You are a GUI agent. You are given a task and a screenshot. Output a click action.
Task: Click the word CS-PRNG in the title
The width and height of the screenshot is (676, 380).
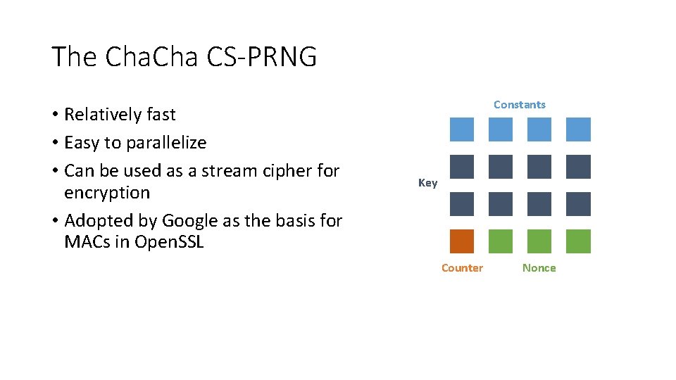click(262, 57)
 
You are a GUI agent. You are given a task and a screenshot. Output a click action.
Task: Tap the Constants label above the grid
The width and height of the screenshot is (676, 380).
click(519, 105)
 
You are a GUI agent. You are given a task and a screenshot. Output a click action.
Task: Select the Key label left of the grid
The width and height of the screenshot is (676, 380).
click(427, 183)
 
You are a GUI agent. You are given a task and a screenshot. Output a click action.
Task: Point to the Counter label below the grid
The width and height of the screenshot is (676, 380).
click(462, 268)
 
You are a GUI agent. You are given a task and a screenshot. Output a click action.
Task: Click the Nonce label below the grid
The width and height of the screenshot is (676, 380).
click(539, 268)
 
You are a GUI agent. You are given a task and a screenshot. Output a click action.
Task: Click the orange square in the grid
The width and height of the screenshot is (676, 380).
click(462, 241)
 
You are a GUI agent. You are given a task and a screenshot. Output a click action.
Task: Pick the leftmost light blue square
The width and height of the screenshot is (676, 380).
click(462, 129)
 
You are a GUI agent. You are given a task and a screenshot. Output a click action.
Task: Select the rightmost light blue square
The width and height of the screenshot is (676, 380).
click(578, 129)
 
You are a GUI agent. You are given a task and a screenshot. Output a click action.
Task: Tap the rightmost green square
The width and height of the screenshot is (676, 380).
click(578, 241)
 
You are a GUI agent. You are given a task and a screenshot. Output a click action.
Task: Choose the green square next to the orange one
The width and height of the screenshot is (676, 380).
click(501, 241)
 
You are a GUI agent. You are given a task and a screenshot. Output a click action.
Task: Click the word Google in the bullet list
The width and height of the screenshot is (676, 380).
click(190, 221)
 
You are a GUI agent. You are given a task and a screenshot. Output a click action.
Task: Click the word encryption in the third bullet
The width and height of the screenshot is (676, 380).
click(107, 193)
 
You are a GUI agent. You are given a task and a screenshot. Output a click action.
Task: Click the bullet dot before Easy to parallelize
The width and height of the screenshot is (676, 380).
click(55, 144)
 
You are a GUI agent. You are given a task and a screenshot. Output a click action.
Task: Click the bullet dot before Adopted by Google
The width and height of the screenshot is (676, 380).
click(55, 222)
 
